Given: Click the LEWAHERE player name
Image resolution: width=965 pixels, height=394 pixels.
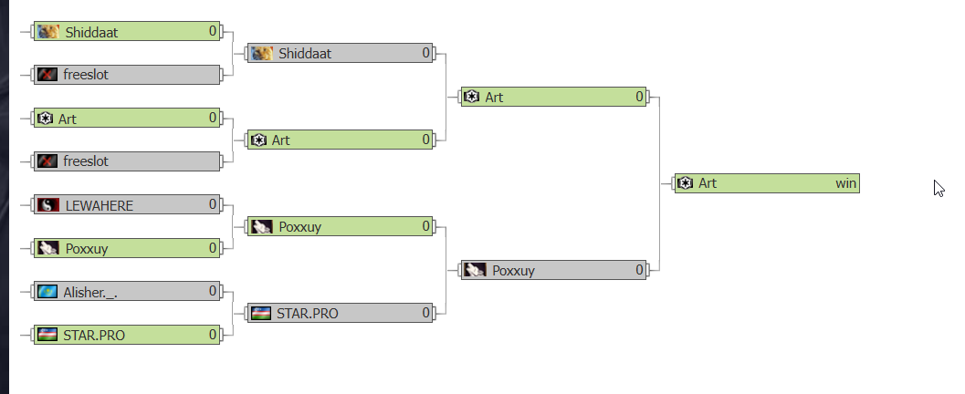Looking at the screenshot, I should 99,205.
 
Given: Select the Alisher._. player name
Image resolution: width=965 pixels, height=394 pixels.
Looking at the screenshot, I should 90,292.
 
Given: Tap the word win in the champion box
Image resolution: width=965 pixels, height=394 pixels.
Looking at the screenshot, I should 845,183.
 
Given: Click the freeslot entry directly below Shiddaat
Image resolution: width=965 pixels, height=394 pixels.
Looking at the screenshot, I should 86,75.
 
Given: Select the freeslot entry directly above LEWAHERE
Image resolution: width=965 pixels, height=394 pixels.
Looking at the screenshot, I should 86,161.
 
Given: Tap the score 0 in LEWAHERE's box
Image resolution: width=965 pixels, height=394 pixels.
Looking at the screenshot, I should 213,204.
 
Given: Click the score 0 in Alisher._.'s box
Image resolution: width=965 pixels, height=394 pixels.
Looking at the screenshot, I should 213,291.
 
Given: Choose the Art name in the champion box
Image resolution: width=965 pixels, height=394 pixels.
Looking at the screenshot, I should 708,183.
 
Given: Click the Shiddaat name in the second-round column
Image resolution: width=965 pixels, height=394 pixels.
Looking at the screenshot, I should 305,54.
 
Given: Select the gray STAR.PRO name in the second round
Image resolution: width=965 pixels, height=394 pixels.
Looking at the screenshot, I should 308,314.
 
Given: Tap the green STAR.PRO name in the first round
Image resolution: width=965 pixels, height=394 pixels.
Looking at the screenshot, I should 94,335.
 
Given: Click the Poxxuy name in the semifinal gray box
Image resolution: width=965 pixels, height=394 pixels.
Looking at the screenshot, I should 513,270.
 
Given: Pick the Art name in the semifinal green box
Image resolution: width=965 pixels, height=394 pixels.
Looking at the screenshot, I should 494,97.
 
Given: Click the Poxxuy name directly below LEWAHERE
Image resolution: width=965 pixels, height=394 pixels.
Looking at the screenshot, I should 86,248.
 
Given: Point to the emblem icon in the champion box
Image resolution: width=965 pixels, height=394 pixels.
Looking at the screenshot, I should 685,183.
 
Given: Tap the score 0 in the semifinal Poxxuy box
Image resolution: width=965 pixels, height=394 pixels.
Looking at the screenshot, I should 639,270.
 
